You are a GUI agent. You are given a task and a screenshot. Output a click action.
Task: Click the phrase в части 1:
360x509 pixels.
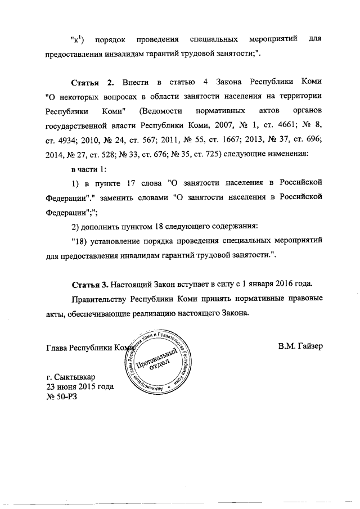(88, 169)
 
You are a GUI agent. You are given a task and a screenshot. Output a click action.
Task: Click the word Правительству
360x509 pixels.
(101, 298)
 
